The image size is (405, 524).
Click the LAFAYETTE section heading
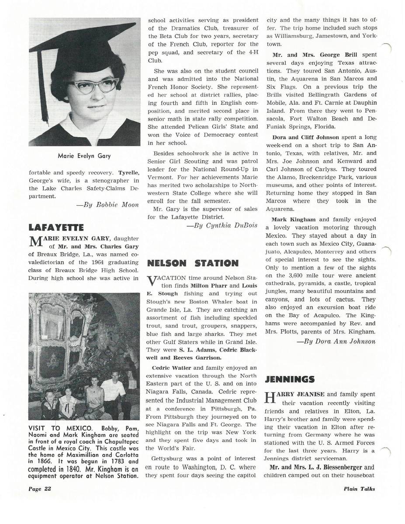[56, 227]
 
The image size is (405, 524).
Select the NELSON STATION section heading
[193, 263]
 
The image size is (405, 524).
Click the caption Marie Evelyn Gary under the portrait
[84, 155]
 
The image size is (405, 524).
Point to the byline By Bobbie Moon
[111, 205]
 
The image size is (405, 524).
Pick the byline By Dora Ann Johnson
[339, 341]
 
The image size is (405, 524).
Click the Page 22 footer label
[40, 489]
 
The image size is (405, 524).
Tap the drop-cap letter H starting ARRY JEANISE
[271, 397]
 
